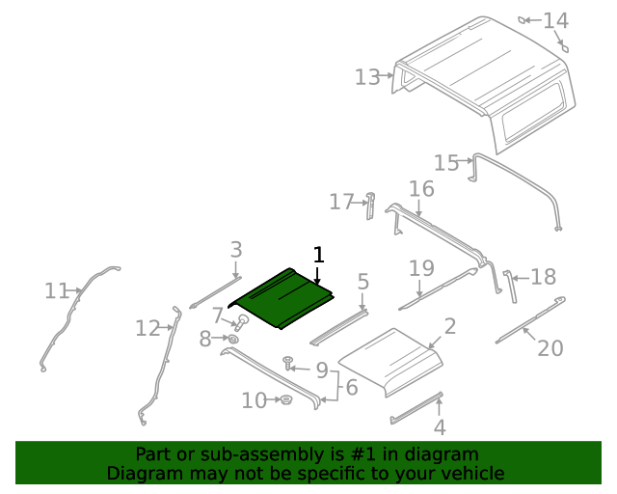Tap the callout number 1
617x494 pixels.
[x=319, y=255]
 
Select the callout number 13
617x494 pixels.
[x=367, y=77]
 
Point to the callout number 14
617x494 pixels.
[x=582, y=20]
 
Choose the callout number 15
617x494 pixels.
[x=445, y=163]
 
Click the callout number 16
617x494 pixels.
[x=421, y=188]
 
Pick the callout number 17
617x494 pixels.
[x=341, y=202]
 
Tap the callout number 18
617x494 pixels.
[x=544, y=277]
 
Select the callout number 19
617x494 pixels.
[x=421, y=267]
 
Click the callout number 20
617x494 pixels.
[x=550, y=347]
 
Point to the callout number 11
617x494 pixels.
[x=57, y=290]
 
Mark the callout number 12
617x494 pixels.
[x=147, y=329]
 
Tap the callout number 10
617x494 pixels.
[x=254, y=400]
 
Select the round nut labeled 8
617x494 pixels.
[x=233, y=339]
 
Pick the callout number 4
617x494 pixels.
[x=440, y=427]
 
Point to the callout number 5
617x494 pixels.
[x=362, y=282]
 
